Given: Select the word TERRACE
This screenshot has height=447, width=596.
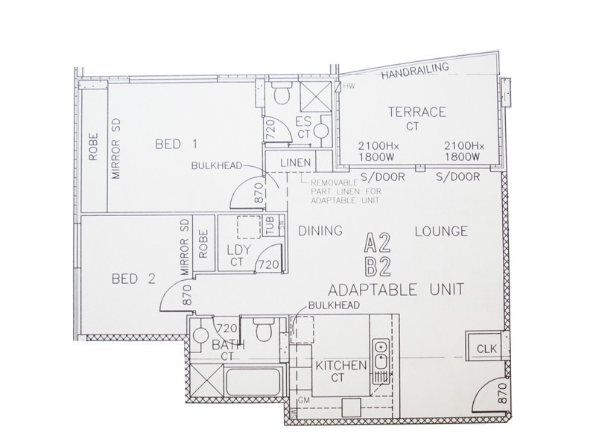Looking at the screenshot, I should pos(417,112).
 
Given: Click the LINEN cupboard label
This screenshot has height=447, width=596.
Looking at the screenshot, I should pos(296,164).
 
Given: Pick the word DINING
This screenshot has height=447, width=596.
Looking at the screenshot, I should pos(320,231).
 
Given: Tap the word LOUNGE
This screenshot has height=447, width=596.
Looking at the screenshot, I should pos(441,231).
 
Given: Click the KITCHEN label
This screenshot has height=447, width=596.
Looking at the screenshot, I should pos(341,365).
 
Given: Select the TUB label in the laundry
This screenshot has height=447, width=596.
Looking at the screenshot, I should pos(269,224).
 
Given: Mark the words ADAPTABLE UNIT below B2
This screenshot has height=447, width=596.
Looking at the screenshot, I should pos(396,288).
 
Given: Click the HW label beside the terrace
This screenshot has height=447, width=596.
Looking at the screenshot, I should pos(349,86).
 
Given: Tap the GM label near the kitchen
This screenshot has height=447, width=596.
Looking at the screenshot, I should pos(303,402).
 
